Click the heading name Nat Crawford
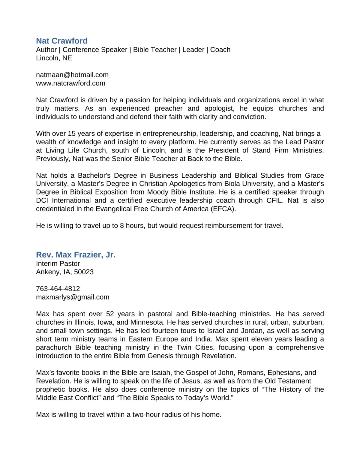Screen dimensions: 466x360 tap(61, 41)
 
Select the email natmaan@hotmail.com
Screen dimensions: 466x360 tap(72, 75)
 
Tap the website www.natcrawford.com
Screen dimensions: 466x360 tap(70, 83)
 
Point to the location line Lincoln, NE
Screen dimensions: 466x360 tap(54, 58)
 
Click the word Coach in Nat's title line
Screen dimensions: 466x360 tap(220, 50)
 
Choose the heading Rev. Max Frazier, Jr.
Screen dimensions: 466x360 tap(76, 255)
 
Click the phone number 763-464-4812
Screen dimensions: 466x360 tap(58, 289)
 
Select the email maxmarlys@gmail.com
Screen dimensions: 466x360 tap(73, 297)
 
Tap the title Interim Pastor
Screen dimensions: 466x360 tap(58, 263)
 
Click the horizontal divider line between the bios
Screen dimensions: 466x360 tap(180, 240)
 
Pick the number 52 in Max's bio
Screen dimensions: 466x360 tap(110, 314)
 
